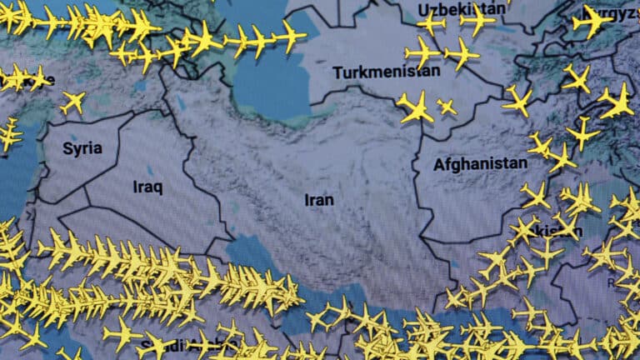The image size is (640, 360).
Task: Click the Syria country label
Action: [82, 149]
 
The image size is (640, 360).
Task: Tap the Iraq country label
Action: [147, 187]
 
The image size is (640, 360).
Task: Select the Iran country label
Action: [319, 200]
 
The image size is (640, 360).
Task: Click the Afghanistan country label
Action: [480, 165]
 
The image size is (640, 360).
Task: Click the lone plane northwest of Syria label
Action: [72, 102]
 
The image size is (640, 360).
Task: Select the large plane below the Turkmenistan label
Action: [414, 107]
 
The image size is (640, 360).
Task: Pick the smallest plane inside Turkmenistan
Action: [447, 107]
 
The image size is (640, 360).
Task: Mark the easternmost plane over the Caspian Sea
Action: [290, 36]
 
